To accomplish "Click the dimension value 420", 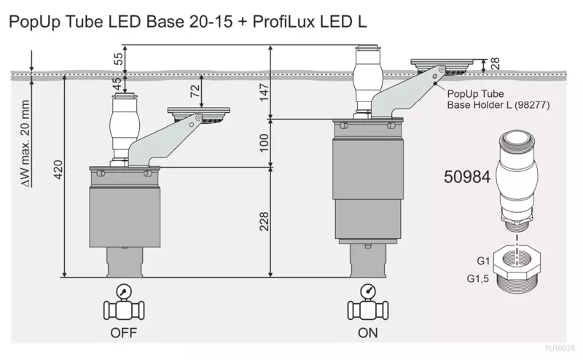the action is (x=58, y=170).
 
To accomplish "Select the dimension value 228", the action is (x=264, y=222).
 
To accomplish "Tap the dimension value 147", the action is (x=264, y=93).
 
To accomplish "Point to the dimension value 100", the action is (x=264, y=143).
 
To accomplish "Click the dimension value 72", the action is (x=195, y=91).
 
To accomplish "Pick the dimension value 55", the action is (x=118, y=59).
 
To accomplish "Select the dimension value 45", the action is (x=117, y=84).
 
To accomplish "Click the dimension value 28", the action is (x=495, y=63).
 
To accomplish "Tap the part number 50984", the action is (x=467, y=176).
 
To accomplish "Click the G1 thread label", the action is (x=483, y=261).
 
